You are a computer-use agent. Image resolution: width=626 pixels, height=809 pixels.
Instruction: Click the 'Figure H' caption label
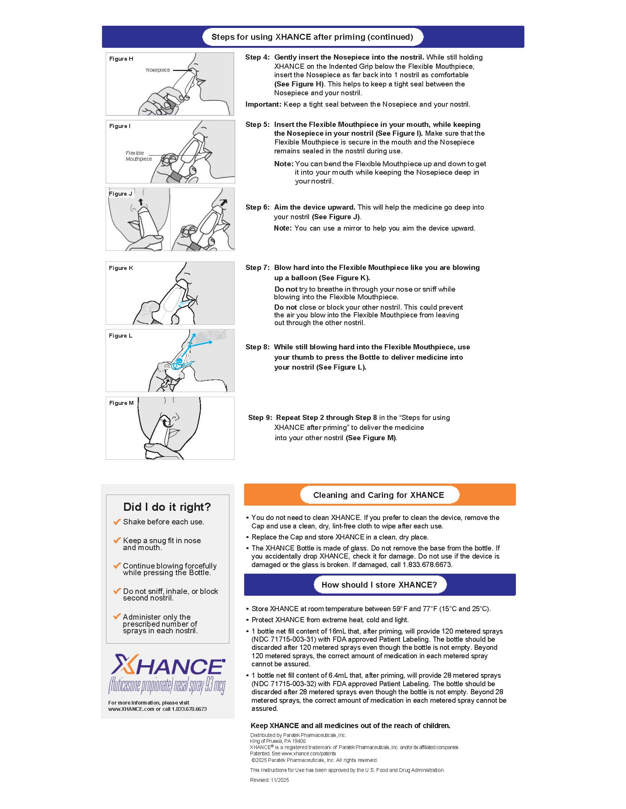pos(121,58)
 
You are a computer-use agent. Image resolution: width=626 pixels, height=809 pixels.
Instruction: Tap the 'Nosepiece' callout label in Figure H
pos(158,70)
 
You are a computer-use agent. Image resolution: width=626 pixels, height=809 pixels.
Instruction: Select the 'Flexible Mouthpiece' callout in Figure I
pos(138,156)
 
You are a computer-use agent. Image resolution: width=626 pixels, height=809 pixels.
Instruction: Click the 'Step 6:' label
pos(257,207)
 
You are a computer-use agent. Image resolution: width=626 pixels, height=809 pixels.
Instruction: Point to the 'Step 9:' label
pos(260,417)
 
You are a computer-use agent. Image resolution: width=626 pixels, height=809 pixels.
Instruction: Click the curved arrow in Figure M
pos(166,421)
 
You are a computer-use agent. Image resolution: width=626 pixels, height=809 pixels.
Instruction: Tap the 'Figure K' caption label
pos(120,268)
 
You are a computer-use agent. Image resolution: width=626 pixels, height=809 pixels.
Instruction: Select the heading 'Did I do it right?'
pos(167,507)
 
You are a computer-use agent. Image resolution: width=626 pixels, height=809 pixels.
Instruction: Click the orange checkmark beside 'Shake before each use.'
pos(117,521)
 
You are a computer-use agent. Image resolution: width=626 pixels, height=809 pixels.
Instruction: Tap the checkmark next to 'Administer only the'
pos(117,616)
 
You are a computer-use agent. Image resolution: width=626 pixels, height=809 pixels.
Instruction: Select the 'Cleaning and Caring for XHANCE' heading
pos(378,495)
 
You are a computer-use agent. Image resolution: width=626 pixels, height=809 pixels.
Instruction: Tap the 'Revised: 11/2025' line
pos(269,780)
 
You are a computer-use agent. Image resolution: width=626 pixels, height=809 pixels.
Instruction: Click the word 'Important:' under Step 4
pos(263,104)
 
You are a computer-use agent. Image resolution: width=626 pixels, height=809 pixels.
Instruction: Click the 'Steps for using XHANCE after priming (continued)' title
pos(312,37)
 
